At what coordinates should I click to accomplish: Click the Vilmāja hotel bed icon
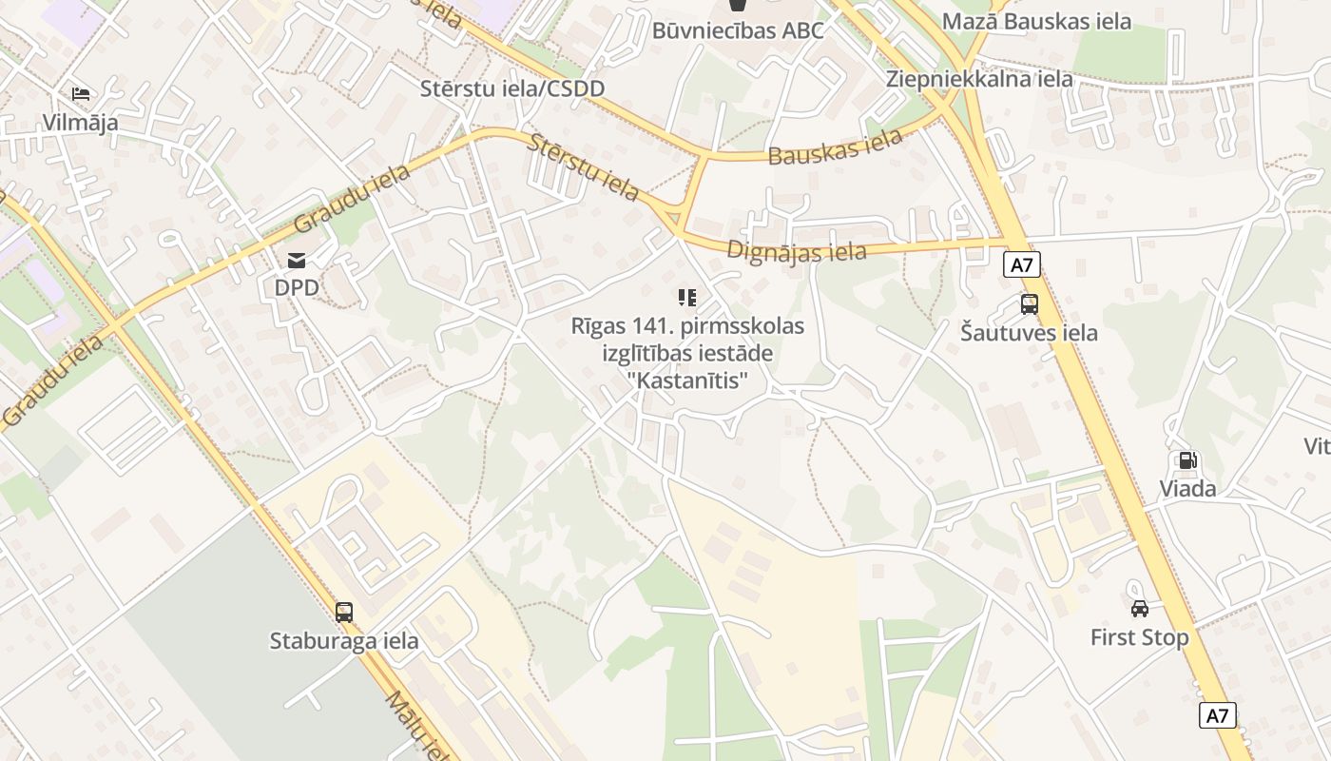pos(81,94)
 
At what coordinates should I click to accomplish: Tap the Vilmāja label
pos(80,122)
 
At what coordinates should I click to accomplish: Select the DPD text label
pos(297,286)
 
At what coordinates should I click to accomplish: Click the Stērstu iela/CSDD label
pos(512,88)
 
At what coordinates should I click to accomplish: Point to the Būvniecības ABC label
pos(737,30)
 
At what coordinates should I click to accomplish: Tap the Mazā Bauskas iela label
pos(1037,21)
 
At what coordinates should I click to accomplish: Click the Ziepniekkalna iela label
pos(979,78)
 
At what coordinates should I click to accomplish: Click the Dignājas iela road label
pos(797,251)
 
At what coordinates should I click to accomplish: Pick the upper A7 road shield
pos(1021,264)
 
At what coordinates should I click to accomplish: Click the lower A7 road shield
pos(1218,715)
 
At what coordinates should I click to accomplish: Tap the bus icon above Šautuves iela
pos(1029,304)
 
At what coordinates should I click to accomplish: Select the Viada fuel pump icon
pos(1187,461)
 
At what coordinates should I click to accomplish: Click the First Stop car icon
pos(1139,609)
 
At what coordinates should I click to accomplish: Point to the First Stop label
pos(1139,637)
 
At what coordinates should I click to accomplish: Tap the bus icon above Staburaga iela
pos(344,613)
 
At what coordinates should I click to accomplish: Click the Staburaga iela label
pos(344,640)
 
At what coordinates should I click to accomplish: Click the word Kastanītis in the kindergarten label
pos(687,380)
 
